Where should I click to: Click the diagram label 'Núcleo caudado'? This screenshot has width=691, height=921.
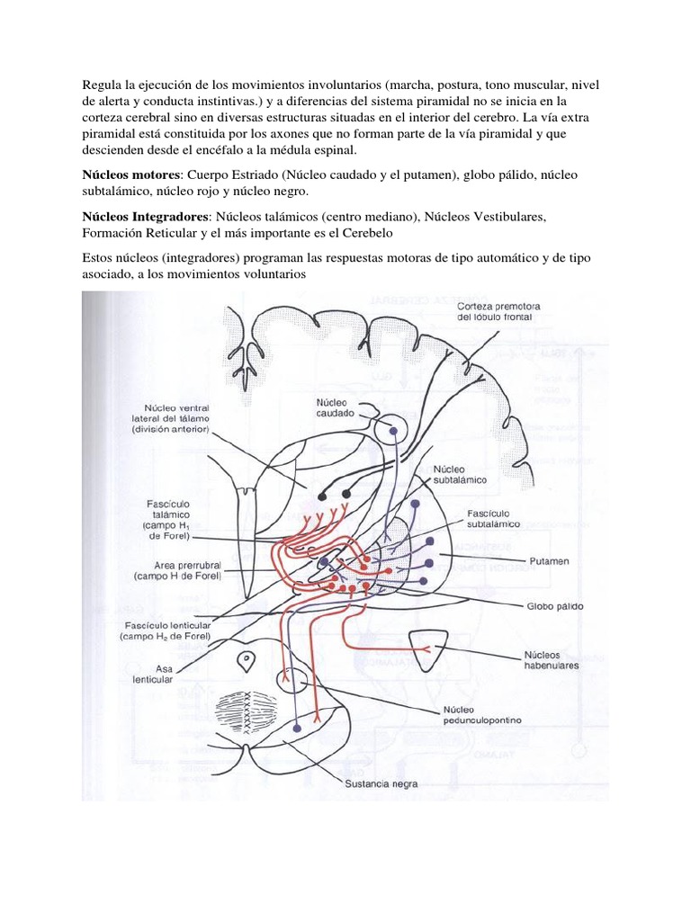pos(335,407)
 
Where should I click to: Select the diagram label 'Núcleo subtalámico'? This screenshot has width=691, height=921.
pos(459,475)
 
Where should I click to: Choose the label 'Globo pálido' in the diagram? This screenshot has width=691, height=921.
pos(555,606)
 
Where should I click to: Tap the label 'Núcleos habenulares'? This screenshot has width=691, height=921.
pos(551,660)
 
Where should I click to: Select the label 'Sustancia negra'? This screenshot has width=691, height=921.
pos(381,782)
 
